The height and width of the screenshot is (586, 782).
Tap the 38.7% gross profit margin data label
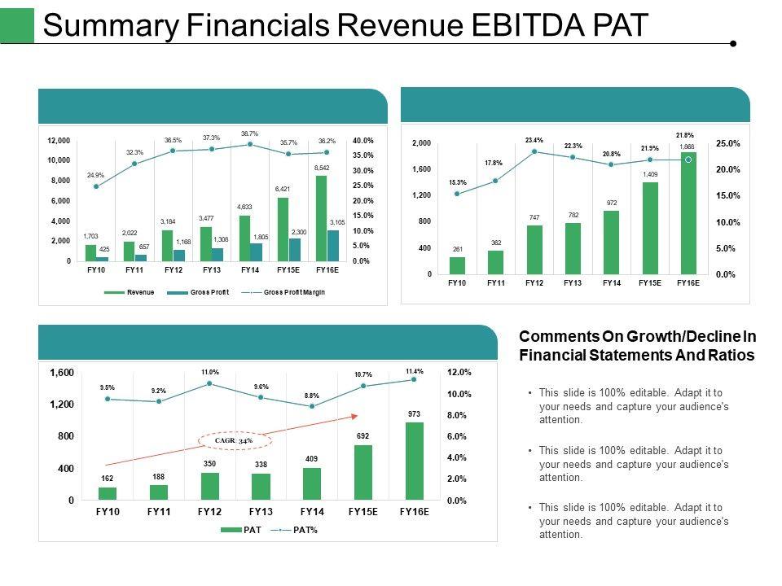[249, 133]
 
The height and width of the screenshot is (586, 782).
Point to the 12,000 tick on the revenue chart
[58, 140]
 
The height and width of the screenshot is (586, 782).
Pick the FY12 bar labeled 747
[534, 249]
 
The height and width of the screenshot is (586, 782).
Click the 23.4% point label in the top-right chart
[534, 139]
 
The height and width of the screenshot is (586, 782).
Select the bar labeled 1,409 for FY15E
[650, 228]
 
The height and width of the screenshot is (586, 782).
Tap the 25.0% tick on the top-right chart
[727, 143]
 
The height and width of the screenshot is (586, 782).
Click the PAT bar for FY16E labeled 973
[415, 461]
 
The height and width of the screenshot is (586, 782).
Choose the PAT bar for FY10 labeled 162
[108, 493]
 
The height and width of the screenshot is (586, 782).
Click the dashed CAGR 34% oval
[235, 440]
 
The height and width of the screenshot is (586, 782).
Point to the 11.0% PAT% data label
[210, 372]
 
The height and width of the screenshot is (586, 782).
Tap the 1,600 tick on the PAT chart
[63, 373]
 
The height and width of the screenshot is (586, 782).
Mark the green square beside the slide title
[17, 25]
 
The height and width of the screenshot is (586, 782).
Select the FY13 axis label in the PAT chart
[261, 512]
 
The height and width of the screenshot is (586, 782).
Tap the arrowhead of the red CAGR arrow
[354, 415]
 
